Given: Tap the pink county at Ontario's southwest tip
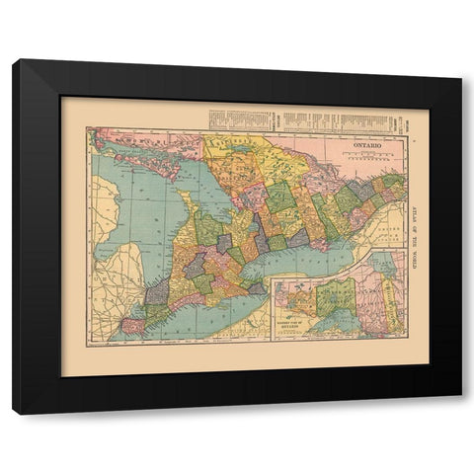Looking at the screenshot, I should pyautogui.click(x=130, y=325).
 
